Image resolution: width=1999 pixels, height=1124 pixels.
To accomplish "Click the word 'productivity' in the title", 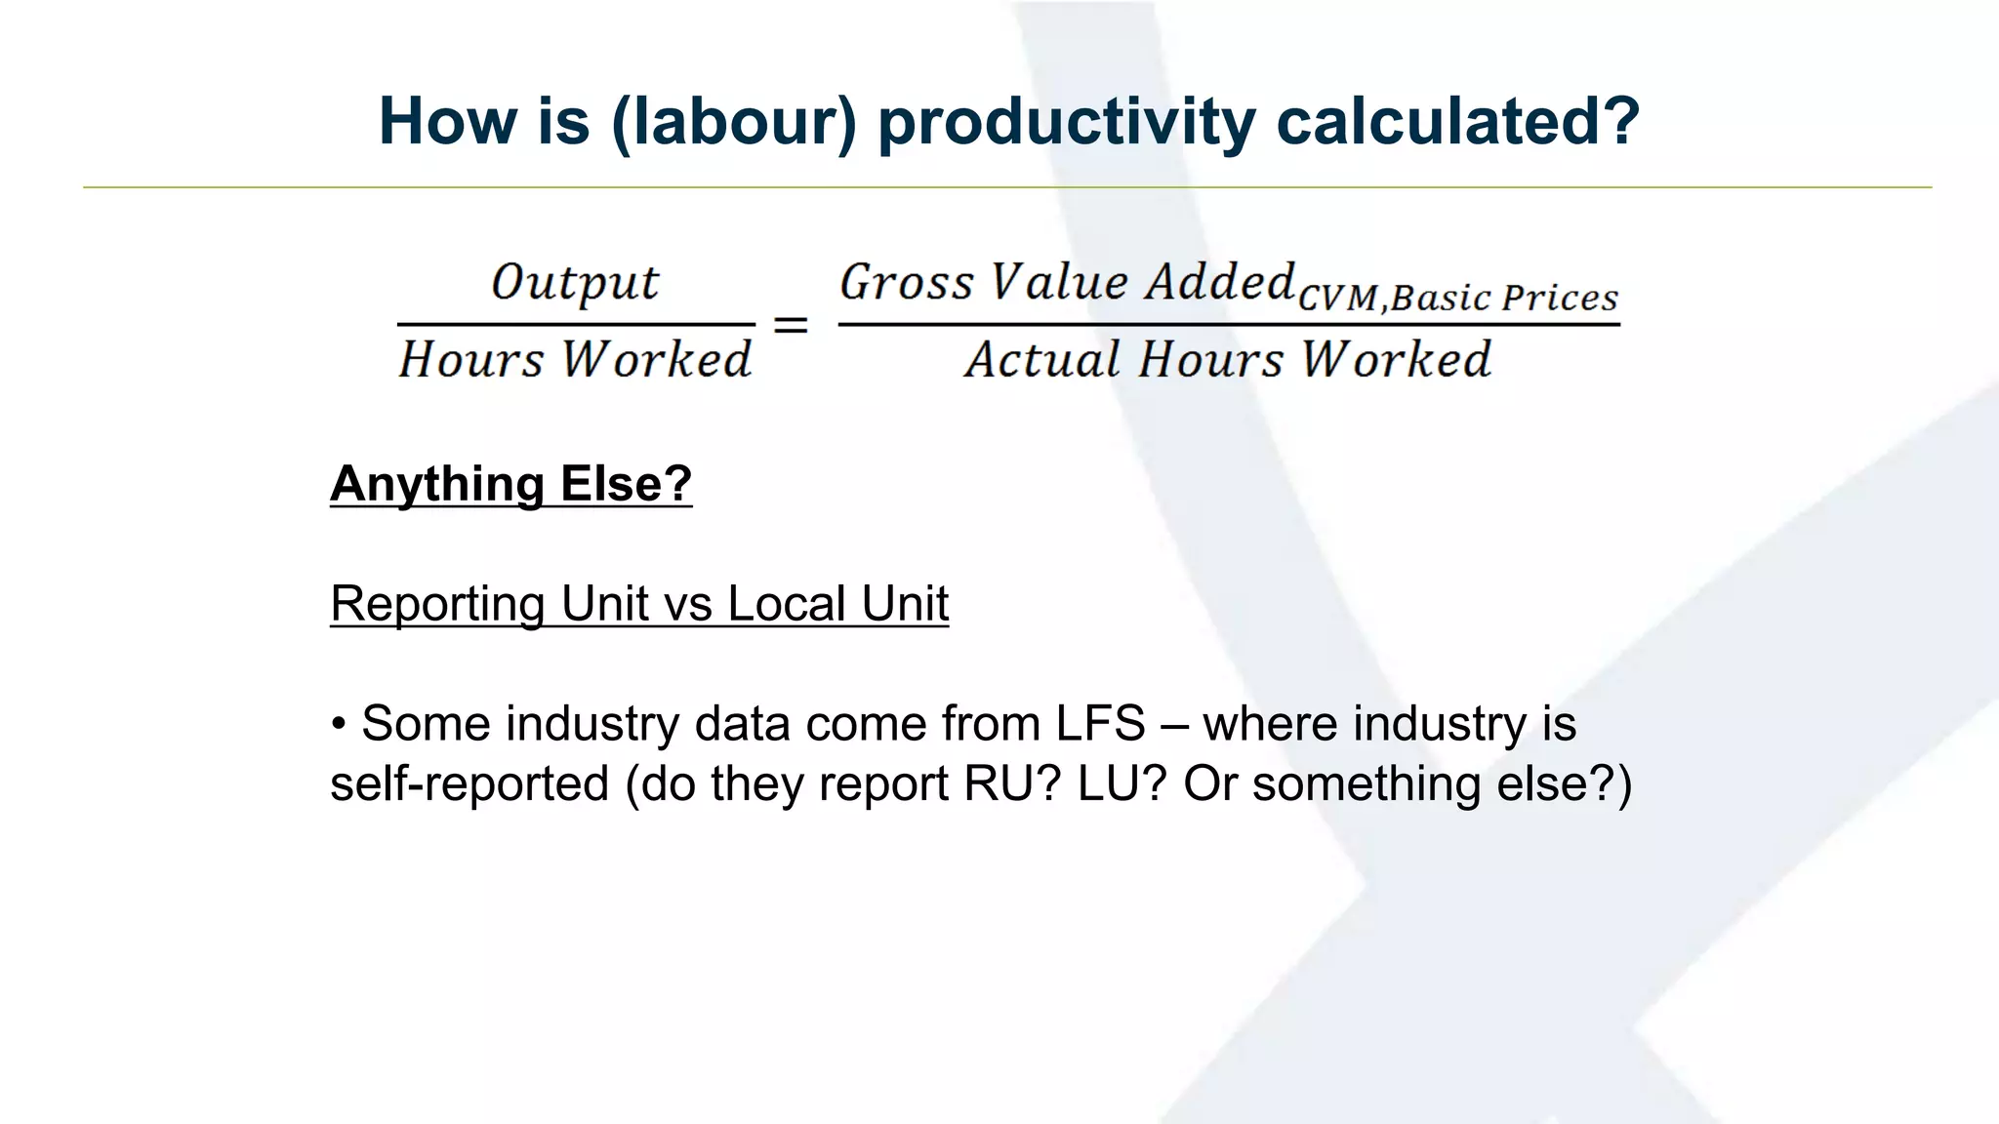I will click(1066, 122).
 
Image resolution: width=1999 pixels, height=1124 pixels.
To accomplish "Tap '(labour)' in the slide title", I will click(733, 122).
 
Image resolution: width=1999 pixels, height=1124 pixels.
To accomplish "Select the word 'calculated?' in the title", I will click(1457, 122).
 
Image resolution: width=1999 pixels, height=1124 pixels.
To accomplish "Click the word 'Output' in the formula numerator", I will click(575, 283).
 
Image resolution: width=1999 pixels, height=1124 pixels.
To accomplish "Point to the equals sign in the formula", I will click(791, 325).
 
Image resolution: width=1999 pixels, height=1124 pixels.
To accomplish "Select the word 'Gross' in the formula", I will click(907, 283).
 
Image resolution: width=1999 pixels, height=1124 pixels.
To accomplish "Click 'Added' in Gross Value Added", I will click(1220, 283).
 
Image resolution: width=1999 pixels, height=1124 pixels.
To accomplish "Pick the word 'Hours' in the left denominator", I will click(470, 360).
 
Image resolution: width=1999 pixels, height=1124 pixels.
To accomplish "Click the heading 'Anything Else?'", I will click(510, 484).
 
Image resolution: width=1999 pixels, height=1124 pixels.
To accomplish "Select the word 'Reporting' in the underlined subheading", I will click(437, 604).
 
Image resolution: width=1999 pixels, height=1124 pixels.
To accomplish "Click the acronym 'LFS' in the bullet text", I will click(1100, 724).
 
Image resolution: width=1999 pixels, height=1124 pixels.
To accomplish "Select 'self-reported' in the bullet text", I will click(469, 784).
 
